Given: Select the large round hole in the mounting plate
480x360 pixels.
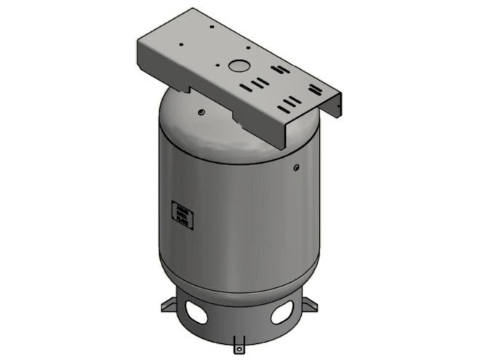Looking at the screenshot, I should coord(238,65).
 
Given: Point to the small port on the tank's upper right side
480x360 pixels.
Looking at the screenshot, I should coord(296,168).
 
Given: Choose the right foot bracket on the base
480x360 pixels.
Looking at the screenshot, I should coord(308,302).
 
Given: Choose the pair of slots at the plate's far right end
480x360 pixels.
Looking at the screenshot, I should coord(315,89).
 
